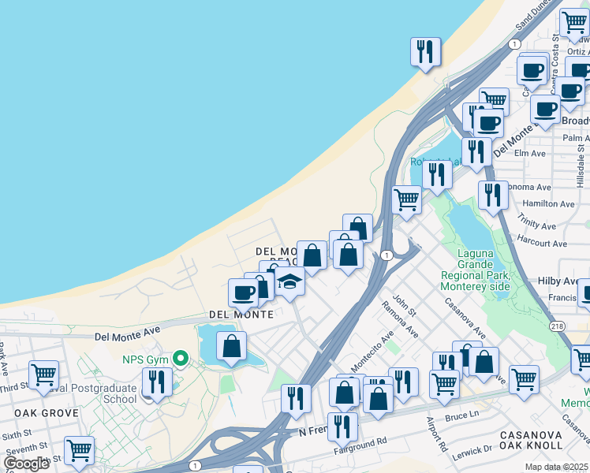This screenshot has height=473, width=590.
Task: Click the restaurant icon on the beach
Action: (425, 52)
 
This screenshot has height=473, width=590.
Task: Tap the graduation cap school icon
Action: (289, 281)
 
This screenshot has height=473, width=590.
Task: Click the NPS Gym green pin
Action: (181, 359)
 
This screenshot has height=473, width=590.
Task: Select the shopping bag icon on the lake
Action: (231, 346)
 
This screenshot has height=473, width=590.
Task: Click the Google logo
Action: (26, 463)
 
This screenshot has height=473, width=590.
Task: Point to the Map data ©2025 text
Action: (558, 467)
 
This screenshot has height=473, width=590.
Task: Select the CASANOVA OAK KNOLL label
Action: (540, 441)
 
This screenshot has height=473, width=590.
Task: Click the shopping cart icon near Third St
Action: (43, 374)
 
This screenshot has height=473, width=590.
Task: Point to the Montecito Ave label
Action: (371, 353)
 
